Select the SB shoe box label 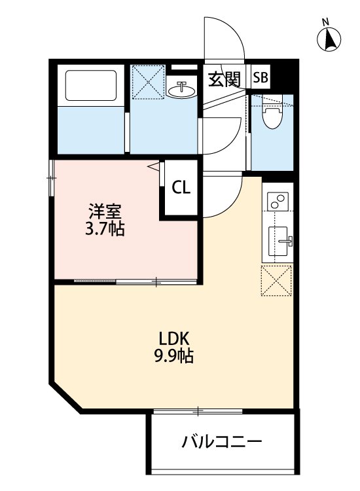coord(260,78)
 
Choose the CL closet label coord(181,187)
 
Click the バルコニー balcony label coord(222,441)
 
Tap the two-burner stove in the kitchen coord(278,200)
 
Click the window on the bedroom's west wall coord(51,177)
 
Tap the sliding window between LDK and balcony coord(198,412)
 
